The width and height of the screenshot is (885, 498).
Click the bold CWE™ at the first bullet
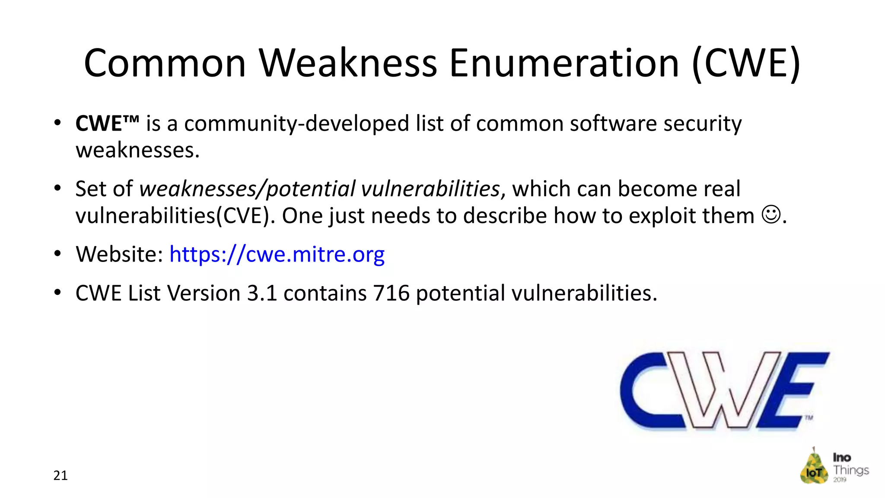(107, 124)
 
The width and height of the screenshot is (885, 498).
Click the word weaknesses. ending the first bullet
(137, 150)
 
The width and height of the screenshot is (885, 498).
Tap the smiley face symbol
(771, 215)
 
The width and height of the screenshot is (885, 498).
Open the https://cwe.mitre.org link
(277, 254)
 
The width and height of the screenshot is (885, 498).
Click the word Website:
(119, 254)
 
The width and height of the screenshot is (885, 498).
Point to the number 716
(391, 293)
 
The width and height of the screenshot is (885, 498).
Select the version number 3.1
(261, 293)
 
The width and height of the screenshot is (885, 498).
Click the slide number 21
(60, 476)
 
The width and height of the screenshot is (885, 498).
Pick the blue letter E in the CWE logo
(799, 389)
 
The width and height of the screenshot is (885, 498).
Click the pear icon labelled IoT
(814, 467)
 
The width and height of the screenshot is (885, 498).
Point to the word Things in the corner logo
(850, 470)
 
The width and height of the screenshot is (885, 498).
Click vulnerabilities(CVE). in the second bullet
(175, 216)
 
